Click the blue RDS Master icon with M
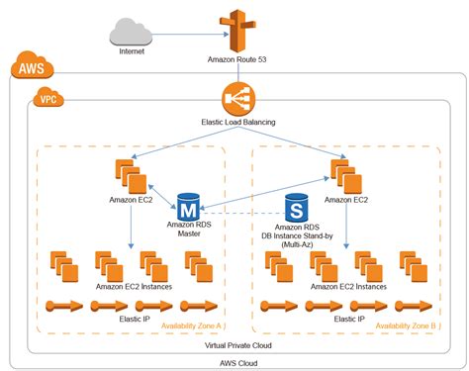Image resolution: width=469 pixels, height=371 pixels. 188,208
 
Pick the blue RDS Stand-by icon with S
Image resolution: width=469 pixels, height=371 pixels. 294,208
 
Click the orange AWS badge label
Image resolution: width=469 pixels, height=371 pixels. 29,69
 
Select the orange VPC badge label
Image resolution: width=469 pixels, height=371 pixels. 47,99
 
